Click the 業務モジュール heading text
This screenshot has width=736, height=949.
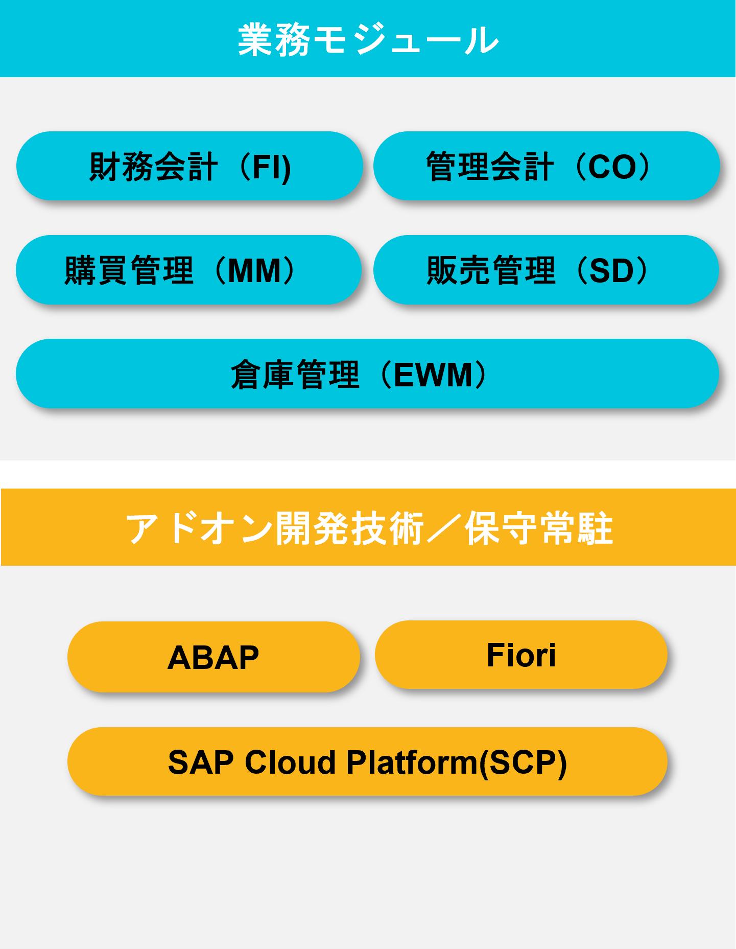click(x=368, y=39)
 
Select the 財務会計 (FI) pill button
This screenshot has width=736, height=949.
click(x=189, y=166)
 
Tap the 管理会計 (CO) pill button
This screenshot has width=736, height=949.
click(x=547, y=166)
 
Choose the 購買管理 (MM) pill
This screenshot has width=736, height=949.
click(x=189, y=270)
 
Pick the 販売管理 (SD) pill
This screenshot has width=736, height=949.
click(x=547, y=270)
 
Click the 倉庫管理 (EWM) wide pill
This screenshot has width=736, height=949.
click(x=368, y=374)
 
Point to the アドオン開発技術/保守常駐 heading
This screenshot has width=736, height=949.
click(x=369, y=528)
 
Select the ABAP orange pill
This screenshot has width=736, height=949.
click(x=213, y=657)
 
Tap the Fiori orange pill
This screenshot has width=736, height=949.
click(x=521, y=655)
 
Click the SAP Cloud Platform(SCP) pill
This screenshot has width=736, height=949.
click(x=367, y=761)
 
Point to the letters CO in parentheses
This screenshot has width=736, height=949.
click(x=613, y=167)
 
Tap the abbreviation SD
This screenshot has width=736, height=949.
click(x=612, y=271)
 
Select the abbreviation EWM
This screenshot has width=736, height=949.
click(x=434, y=375)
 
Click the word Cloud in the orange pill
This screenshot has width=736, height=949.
click(x=290, y=762)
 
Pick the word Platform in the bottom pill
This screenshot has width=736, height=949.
click(x=412, y=762)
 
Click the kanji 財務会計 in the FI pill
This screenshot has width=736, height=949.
click(x=153, y=167)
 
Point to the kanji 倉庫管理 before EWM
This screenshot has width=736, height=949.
click(x=295, y=375)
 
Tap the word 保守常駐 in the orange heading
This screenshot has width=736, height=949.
click(x=539, y=528)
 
